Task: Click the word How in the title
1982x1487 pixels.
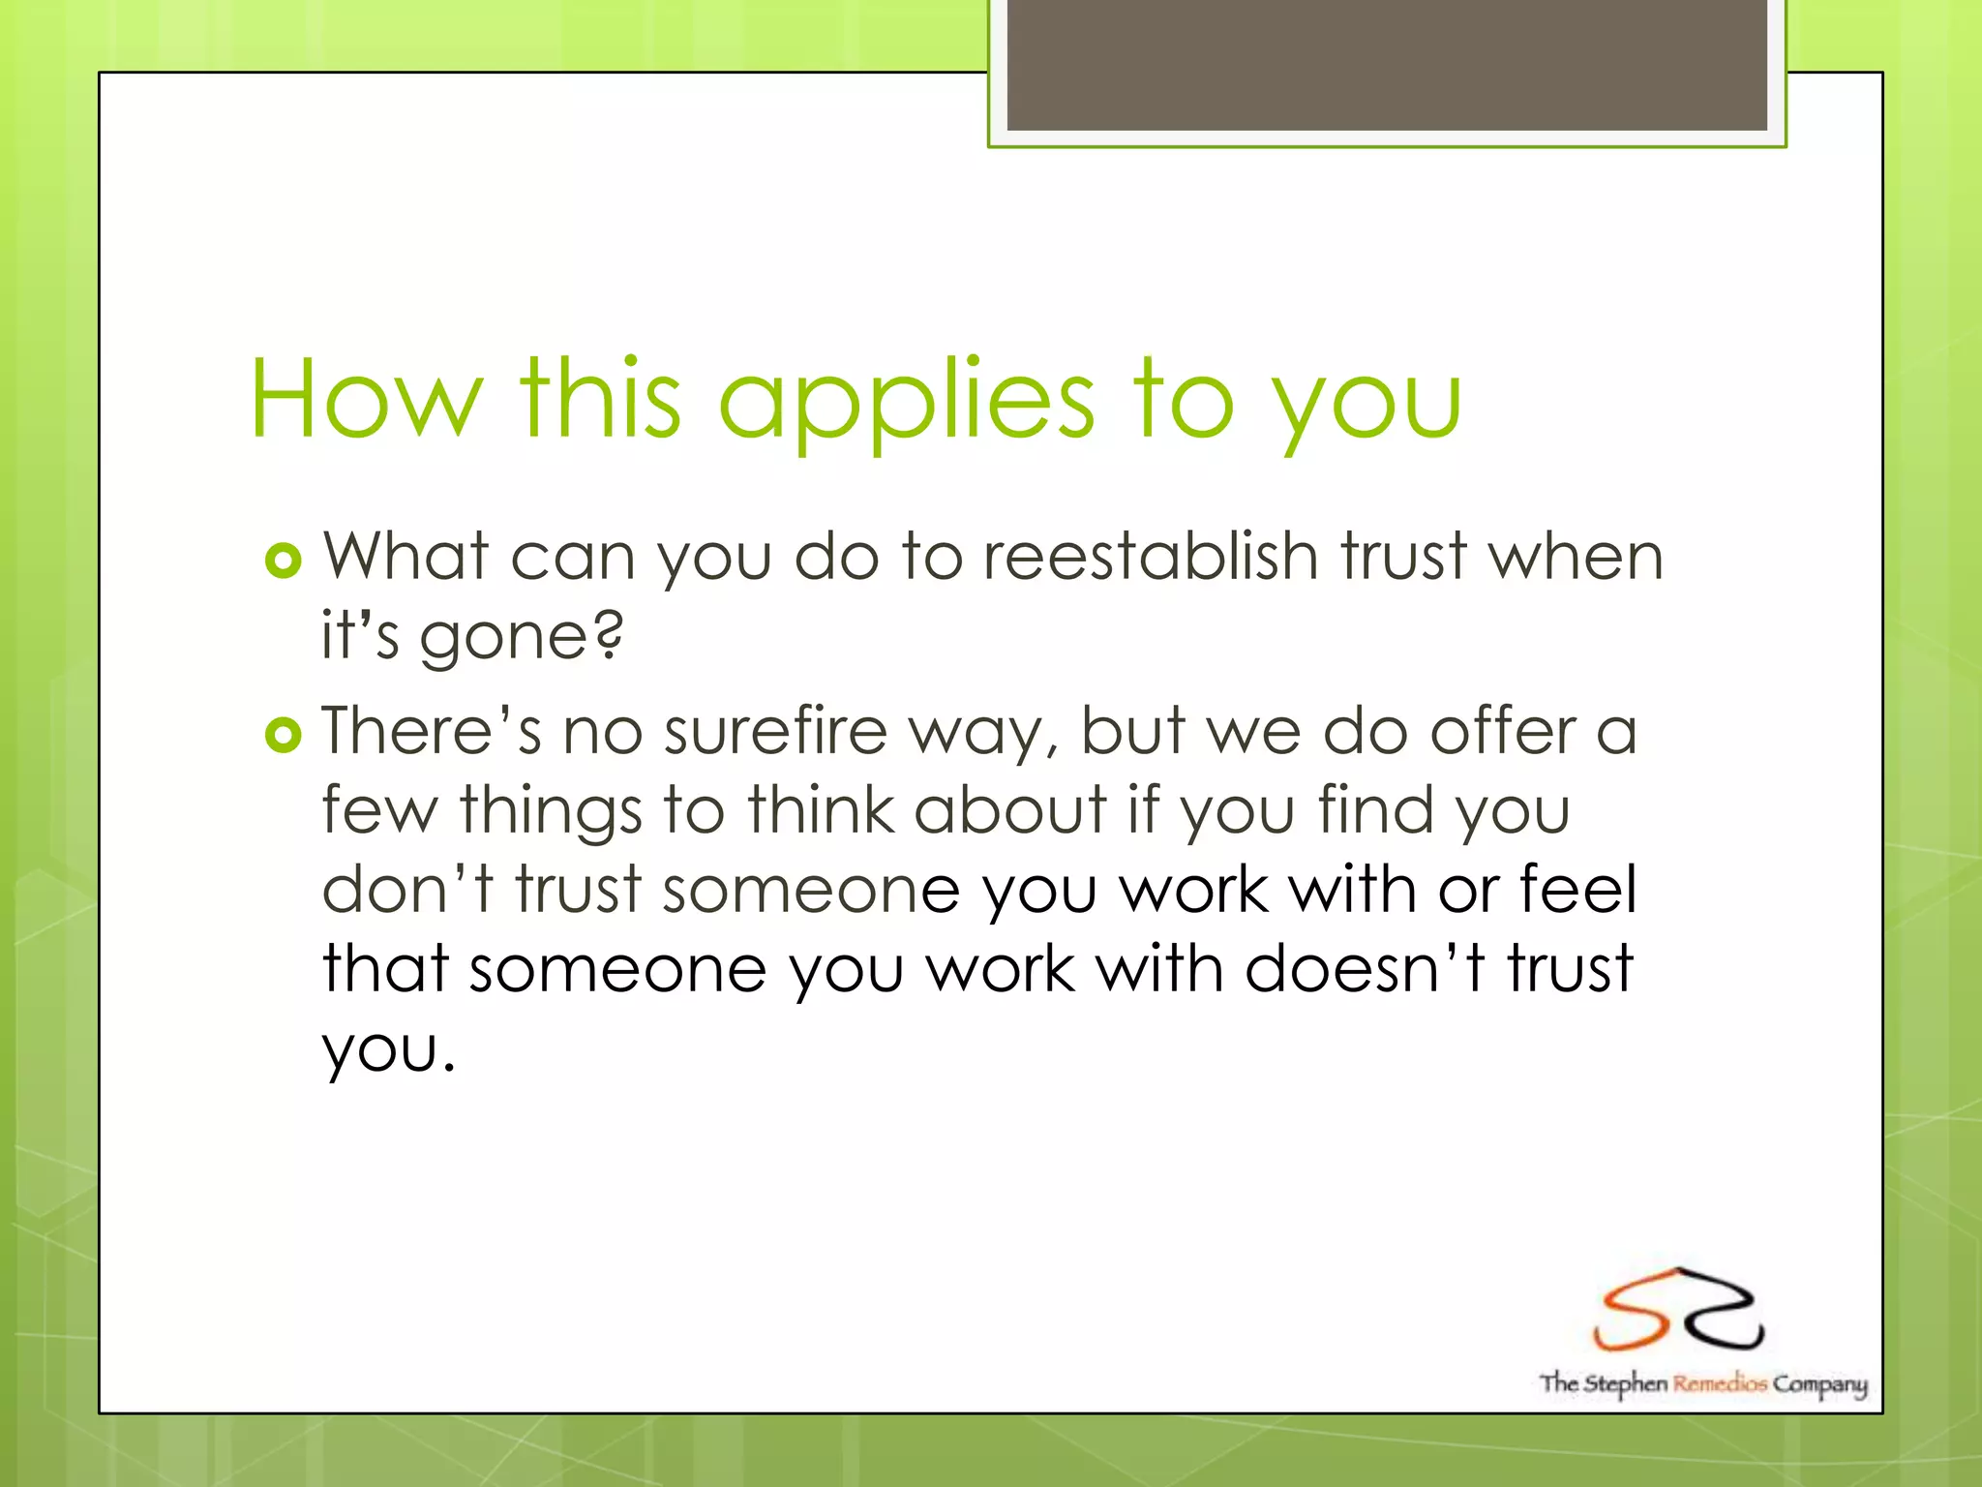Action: tap(366, 399)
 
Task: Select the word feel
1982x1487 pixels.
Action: tap(1577, 890)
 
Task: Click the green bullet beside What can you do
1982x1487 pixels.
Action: tap(283, 561)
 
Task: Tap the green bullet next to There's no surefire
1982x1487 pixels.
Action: tap(283, 736)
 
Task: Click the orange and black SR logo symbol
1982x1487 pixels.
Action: tap(1677, 1310)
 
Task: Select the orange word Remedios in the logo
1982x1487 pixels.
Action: tap(1720, 1383)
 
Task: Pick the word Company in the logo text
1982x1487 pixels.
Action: tap(1819, 1384)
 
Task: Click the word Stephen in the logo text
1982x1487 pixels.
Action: tap(1626, 1383)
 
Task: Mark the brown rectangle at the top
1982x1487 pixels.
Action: tap(1386, 64)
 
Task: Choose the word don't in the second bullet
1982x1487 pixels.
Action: tap(407, 890)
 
